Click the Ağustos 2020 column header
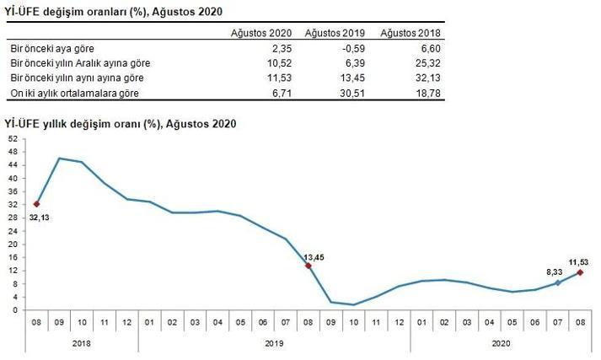point(260,33)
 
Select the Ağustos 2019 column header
point(335,33)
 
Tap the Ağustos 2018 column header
point(411,33)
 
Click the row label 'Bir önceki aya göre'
point(42,49)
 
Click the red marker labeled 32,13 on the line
point(36,203)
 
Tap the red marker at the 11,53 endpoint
point(580,272)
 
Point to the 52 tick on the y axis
point(12,137)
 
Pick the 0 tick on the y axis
point(14,309)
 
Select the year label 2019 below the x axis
point(274,343)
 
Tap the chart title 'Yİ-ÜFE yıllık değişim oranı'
point(121,123)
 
